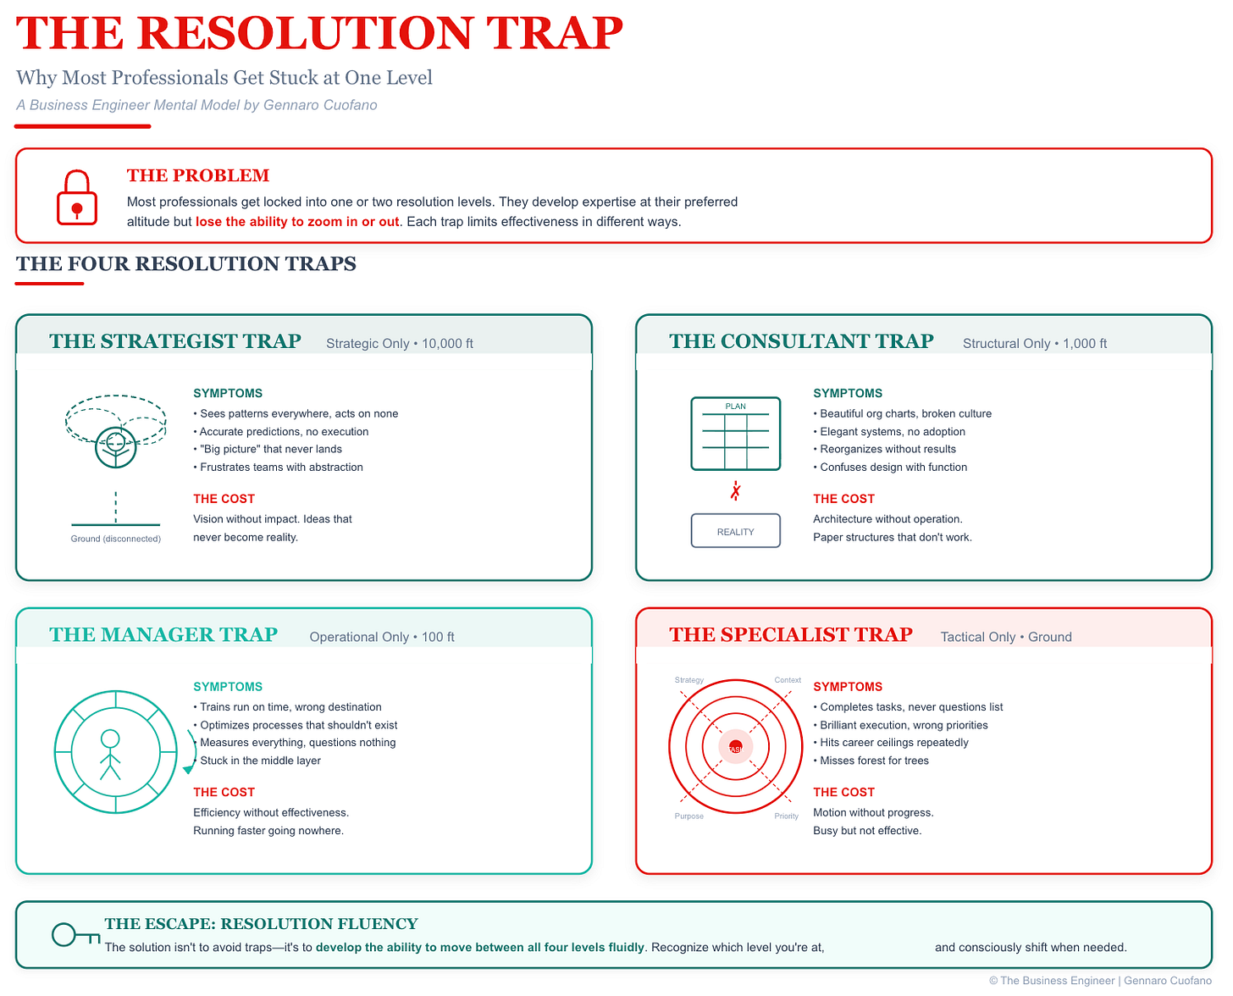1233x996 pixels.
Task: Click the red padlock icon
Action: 77,199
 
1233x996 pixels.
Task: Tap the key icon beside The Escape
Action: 75,935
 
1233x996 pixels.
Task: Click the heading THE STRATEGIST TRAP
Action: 175,341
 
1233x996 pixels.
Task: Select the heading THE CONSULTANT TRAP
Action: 801,341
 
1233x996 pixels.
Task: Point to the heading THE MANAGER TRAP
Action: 163,635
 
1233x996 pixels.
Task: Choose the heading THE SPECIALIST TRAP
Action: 791,635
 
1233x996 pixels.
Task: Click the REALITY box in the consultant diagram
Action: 735,531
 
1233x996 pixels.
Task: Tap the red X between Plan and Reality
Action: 735,491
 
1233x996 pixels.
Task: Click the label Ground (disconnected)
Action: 115,539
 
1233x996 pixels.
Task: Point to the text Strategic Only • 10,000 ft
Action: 400,344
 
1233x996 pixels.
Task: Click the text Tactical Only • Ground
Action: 1006,637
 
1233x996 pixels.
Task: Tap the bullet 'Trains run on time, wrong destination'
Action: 290,707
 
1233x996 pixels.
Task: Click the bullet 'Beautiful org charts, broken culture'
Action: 904,414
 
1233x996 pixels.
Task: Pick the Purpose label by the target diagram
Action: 688,816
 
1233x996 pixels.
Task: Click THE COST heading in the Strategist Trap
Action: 224,499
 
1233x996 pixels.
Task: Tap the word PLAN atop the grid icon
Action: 735,407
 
